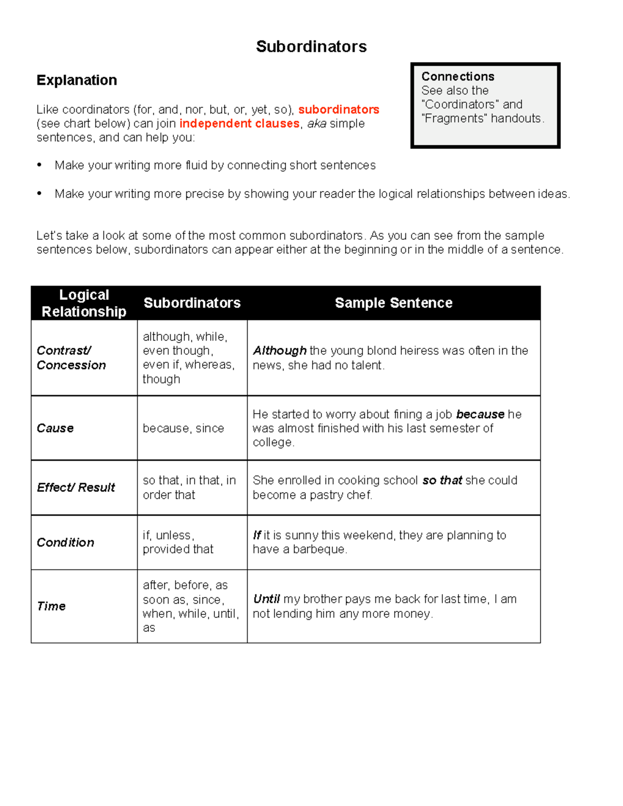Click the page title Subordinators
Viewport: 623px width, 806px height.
[x=311, y=47]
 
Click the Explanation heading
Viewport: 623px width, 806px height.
[x=77, y=80]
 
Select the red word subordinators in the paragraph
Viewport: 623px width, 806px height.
[x=338, y=110]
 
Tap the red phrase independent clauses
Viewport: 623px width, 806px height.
[x=239, y=124]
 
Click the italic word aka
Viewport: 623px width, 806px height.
[x=317, y=124]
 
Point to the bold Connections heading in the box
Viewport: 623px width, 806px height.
[x=457, y=76]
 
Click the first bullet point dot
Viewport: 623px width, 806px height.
[x=39, y=165]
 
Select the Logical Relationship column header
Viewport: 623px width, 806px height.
[x=84, y=303]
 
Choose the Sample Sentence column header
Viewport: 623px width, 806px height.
[x=394, y=303]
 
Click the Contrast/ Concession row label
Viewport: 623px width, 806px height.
[x=71, y=358]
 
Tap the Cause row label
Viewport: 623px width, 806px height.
[x=55, y=428]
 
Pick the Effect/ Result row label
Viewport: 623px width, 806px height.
[x=76, y=487]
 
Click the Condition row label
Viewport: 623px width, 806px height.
[x=65, y=542]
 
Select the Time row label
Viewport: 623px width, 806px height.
[x=51, y=606]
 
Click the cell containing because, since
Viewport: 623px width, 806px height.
[x=183, y=428]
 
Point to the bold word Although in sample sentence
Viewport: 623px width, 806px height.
[x=279, y=351]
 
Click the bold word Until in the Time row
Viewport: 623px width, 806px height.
[x=266, y=599]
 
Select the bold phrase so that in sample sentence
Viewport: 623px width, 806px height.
[x=442, y=481]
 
